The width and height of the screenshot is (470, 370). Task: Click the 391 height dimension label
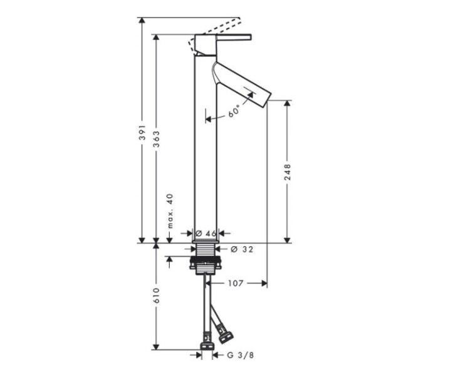pos(143,132)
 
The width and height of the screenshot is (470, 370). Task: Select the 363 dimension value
pos(157,139)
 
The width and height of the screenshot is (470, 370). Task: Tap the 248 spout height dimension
pos(288,172)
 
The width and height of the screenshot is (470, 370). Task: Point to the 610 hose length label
pos(157,295)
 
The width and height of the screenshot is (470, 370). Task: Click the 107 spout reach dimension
pos(235,283)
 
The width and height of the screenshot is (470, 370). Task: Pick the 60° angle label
pos(234,111)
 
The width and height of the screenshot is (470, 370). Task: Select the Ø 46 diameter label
pos(206,233)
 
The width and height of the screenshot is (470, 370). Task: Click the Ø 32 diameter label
pos(242,249)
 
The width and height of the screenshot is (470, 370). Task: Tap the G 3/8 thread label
pos(241,355)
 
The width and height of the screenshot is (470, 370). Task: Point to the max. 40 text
pos(170,211)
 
